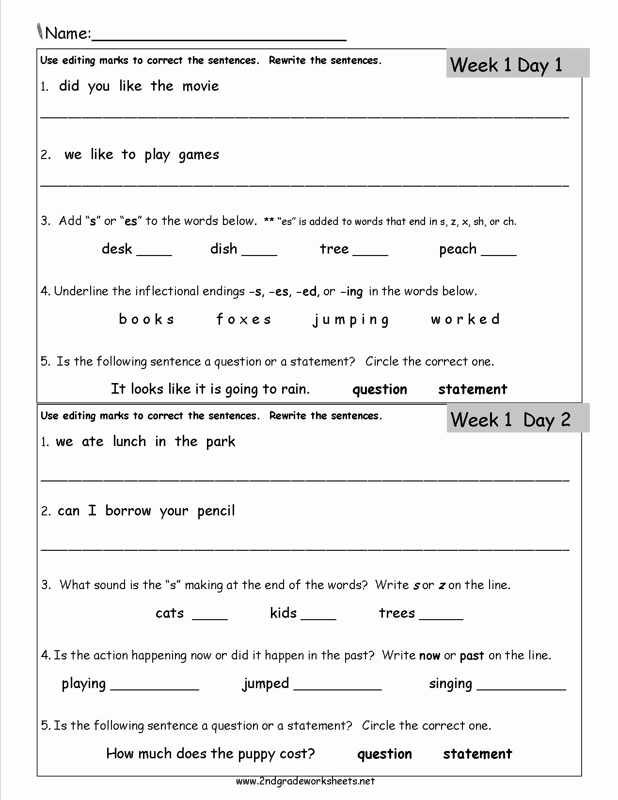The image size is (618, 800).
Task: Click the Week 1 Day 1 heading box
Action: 517,64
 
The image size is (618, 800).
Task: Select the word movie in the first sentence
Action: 201,86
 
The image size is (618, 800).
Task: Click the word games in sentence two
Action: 199,155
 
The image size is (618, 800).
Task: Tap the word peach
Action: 458,249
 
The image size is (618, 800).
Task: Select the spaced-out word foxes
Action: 244,320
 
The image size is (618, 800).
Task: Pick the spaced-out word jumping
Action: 351,320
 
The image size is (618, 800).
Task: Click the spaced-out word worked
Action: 465,319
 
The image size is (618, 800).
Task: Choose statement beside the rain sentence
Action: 473,389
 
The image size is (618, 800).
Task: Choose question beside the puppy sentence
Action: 384,754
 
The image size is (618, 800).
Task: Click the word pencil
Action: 216,511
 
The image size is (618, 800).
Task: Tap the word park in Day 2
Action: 221,442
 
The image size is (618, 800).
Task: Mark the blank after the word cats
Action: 210,616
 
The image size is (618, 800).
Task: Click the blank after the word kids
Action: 318,616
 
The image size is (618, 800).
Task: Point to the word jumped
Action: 266,684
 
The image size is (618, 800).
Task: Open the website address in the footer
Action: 305,781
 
